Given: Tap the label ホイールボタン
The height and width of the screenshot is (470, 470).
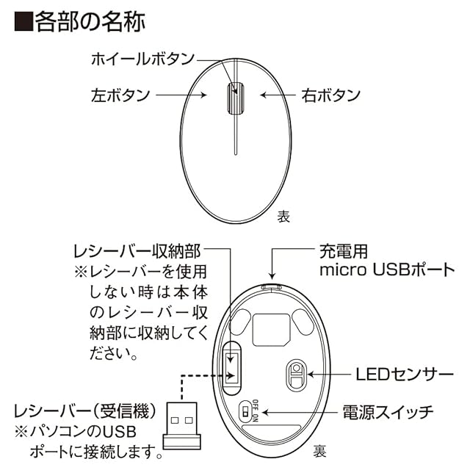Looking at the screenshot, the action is point(133,59).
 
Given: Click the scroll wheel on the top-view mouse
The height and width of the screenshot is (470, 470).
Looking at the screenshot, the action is point(235,98).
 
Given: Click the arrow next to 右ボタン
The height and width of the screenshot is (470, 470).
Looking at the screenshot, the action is point(278,95).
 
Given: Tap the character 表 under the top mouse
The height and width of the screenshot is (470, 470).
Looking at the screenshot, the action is point(284,217).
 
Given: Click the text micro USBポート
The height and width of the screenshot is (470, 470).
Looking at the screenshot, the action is point(387,270).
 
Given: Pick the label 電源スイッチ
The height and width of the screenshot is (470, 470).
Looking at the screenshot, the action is point(388,411).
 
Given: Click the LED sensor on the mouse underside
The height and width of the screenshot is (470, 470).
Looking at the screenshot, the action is point(296,375).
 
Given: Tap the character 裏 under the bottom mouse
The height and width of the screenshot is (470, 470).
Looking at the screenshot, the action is point(320,449).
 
